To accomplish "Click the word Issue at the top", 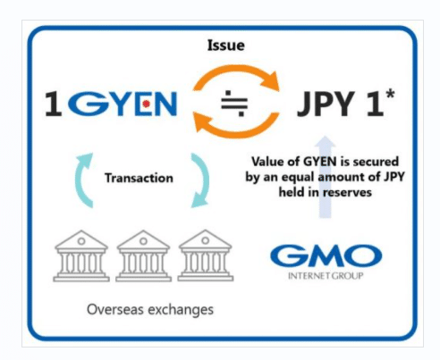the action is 226,46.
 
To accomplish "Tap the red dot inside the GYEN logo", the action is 146,104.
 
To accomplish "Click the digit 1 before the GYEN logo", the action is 54,104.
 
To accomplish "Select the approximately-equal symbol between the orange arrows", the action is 234,104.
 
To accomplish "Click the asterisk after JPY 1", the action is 390,95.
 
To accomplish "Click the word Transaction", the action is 139,178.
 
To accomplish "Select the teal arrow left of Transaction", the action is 80,179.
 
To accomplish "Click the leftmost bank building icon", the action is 81,255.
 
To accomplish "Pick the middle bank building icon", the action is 143,255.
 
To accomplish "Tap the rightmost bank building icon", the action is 206,255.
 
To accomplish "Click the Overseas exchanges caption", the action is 150,310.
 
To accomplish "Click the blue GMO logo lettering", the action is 326,255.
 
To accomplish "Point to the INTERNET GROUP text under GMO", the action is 326,276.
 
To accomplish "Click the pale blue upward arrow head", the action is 325,142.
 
